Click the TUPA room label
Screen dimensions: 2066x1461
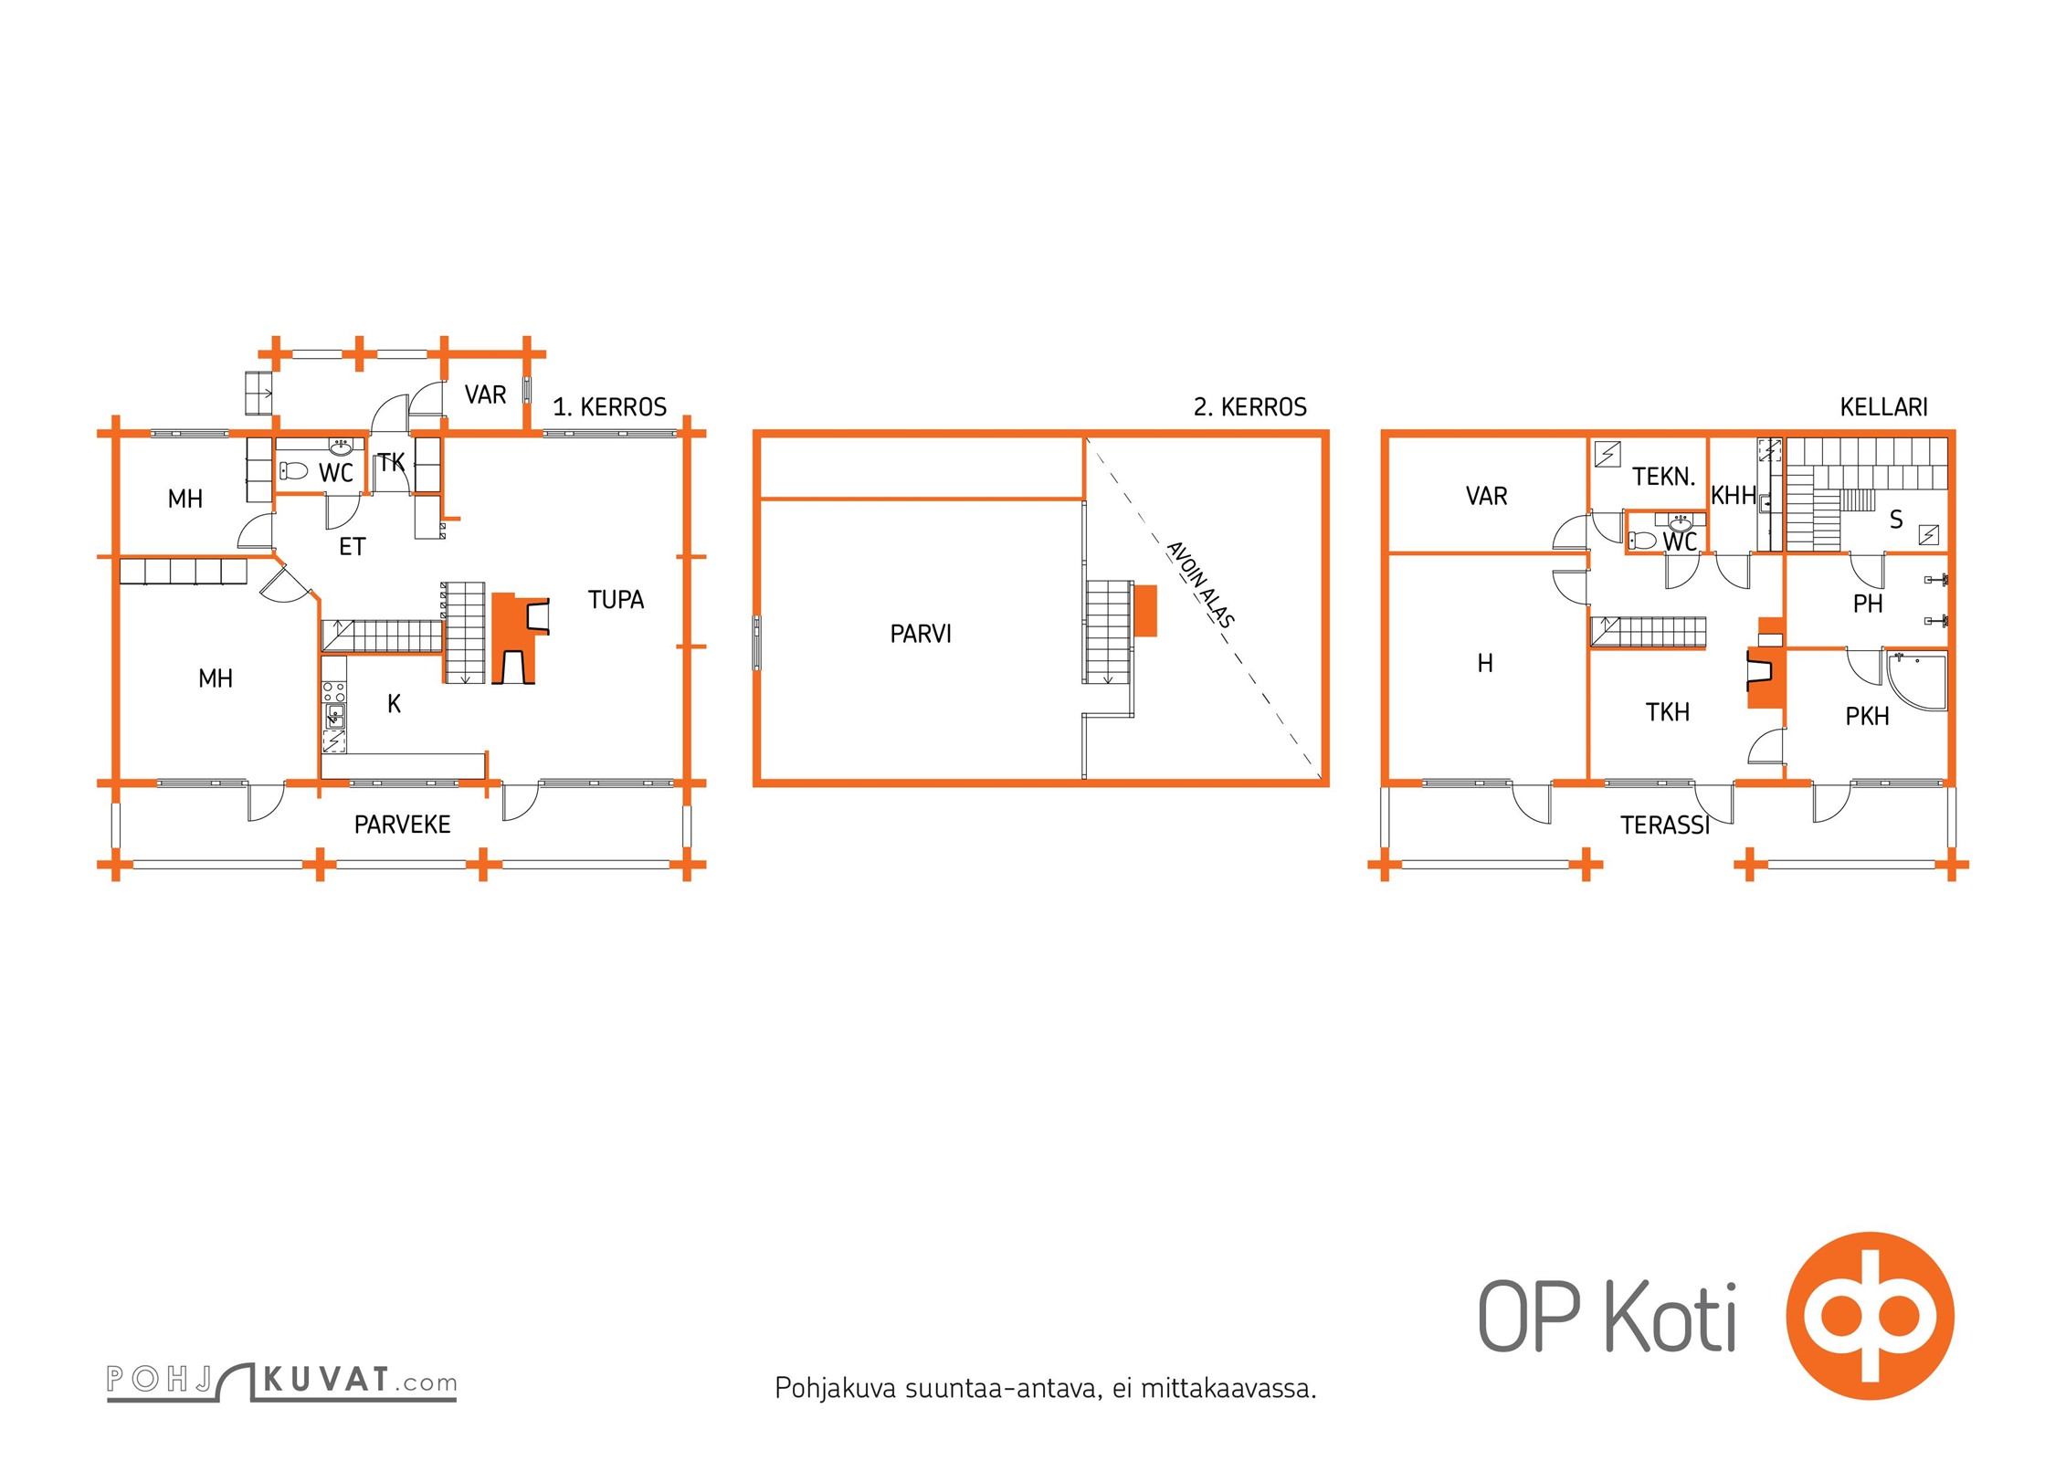pos(616,600)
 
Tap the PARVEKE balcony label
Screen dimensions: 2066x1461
pos(402,825)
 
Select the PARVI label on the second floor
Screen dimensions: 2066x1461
pos(921,634)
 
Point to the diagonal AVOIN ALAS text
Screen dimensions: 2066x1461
pos(1200,584)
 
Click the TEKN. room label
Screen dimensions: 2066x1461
pos(1663,477)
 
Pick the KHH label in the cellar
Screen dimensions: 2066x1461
pos(1734,496)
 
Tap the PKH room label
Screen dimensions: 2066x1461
pos(1867,717)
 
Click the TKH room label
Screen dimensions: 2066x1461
pos(1667,712)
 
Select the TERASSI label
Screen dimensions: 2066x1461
pos(1664,825)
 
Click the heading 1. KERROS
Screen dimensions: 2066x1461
pos(609,407)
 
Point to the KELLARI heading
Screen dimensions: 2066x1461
pos(1883,407)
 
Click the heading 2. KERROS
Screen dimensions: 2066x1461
pos(1249,407)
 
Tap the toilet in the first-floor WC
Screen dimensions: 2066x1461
pos(294,471)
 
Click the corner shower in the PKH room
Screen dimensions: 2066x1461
pos(1916,680)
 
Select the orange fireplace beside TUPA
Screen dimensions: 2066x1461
pos(521,638)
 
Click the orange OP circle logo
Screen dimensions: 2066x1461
pos(1870,1317)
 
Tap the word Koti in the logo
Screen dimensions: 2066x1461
pos(1671,1318)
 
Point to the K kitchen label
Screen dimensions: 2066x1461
pos(394,704)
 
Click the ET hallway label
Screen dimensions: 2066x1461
pos(352,547)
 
